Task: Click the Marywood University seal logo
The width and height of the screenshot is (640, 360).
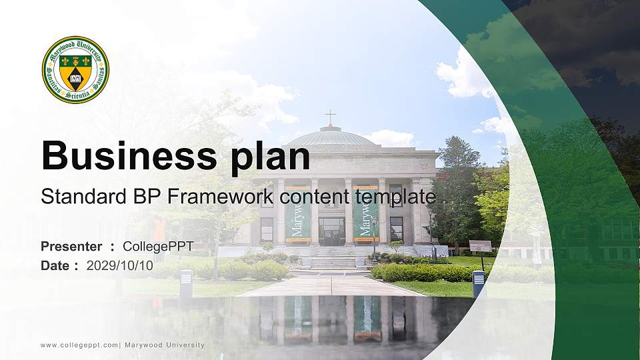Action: [x=75, y=69]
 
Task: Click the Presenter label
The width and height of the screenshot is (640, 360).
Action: [x=71, y=247]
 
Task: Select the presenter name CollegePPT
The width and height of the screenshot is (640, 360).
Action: [x=158, y=247]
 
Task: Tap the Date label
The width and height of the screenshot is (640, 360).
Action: [x=55, y=265]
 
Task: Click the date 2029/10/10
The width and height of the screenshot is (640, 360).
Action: [x=119, y=265]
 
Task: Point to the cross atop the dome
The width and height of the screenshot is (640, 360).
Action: [x=330, y=117]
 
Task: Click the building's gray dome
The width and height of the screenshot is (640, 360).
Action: [x=330, y=137]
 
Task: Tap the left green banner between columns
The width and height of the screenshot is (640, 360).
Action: [x=298, y=213]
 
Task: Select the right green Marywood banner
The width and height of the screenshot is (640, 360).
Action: [x=365, y=213]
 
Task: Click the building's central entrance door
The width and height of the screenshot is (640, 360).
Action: [x=331, y=230]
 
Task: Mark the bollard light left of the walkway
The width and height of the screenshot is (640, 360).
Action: [x=186, y=283]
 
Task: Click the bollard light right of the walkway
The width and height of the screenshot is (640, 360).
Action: [x=479, y=283]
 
